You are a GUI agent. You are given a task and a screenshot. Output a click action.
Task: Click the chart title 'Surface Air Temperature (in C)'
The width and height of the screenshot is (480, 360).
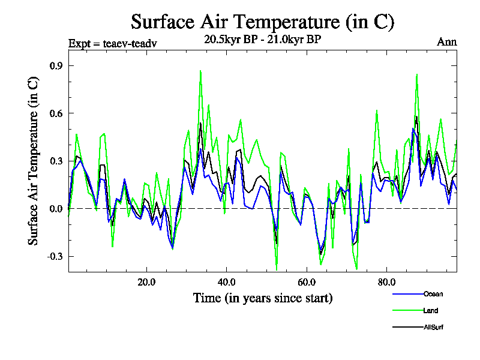[x=262, y=22]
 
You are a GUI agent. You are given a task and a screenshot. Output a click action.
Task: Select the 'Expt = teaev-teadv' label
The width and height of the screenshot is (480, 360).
[x=113, y=44]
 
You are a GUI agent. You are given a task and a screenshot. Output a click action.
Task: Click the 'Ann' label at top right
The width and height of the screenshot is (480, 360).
[x=446, y=42]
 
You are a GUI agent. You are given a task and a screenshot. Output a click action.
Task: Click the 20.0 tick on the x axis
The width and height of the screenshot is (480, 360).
[x=146, y=281]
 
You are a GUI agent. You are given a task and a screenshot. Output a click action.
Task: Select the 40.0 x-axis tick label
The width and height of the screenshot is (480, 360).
[x=226, y=281]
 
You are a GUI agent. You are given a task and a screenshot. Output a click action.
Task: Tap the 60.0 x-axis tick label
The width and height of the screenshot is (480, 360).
[x=307, y=281]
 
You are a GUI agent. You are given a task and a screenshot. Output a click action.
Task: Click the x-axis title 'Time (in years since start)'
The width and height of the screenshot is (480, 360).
[x=263, y=298]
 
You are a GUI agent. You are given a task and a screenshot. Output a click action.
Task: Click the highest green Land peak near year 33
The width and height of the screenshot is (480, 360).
[x=200, y=71]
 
